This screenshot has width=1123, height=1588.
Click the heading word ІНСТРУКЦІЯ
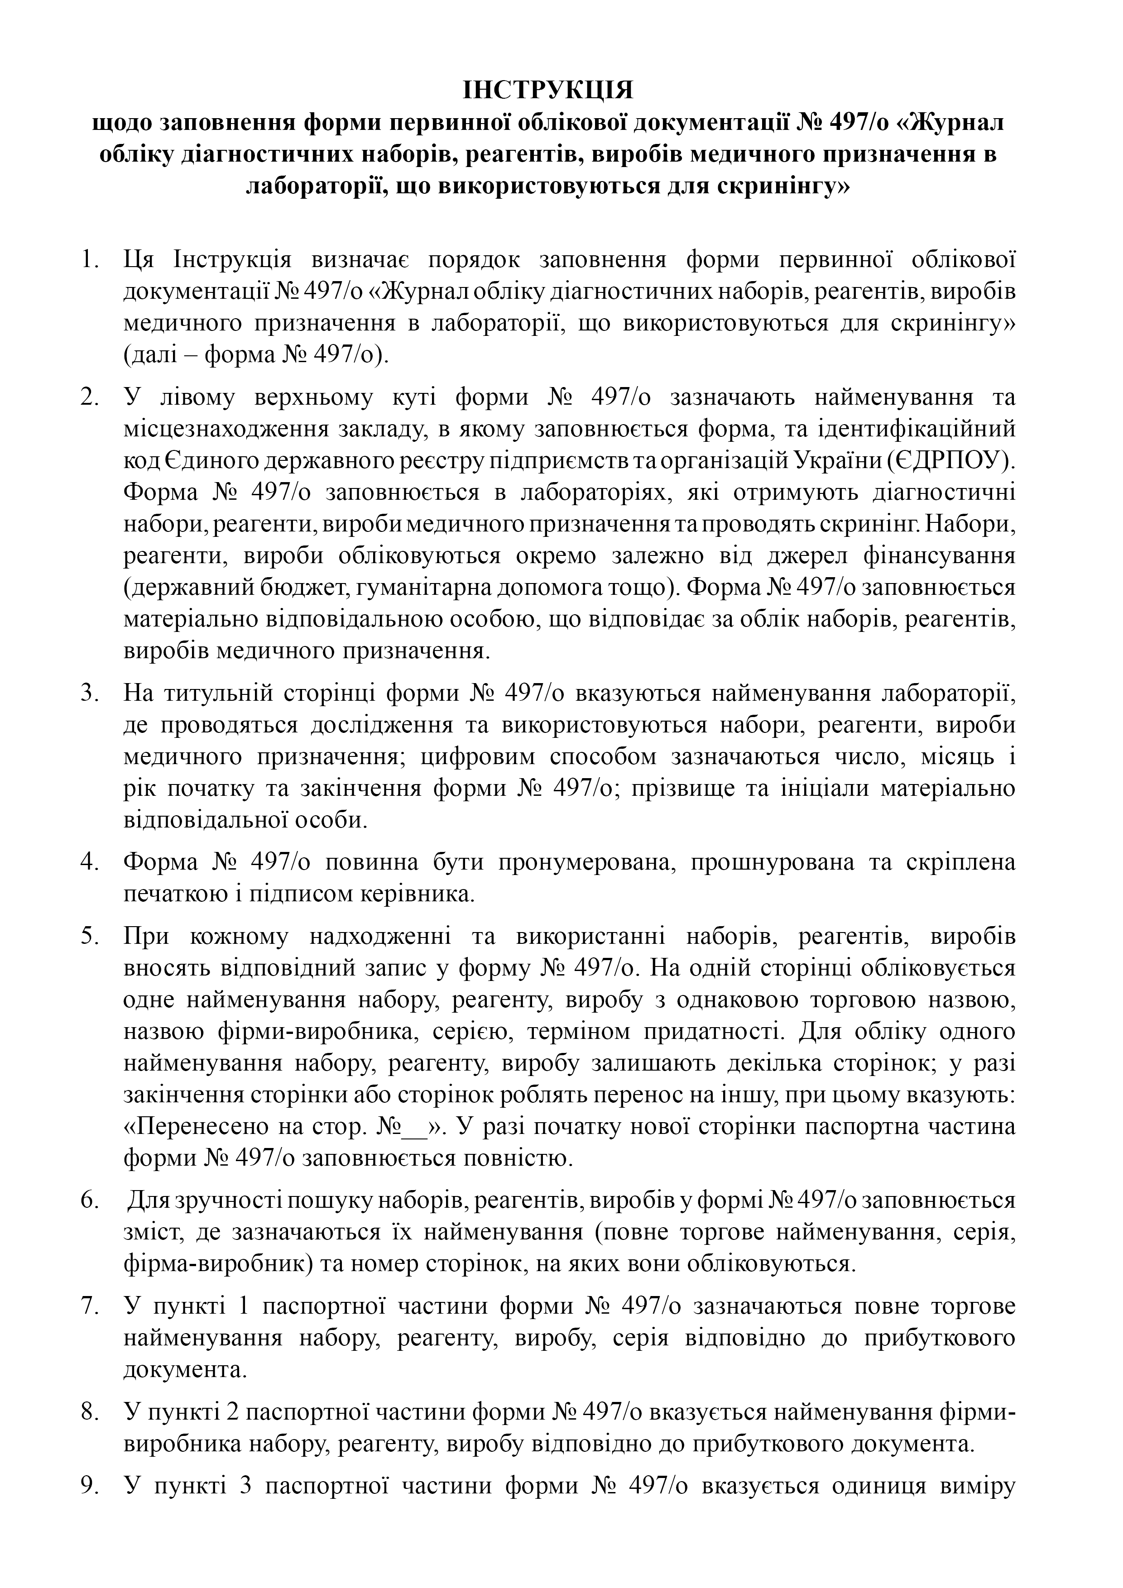coord(547,91)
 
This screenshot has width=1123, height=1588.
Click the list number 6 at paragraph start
coord(90,1201)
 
